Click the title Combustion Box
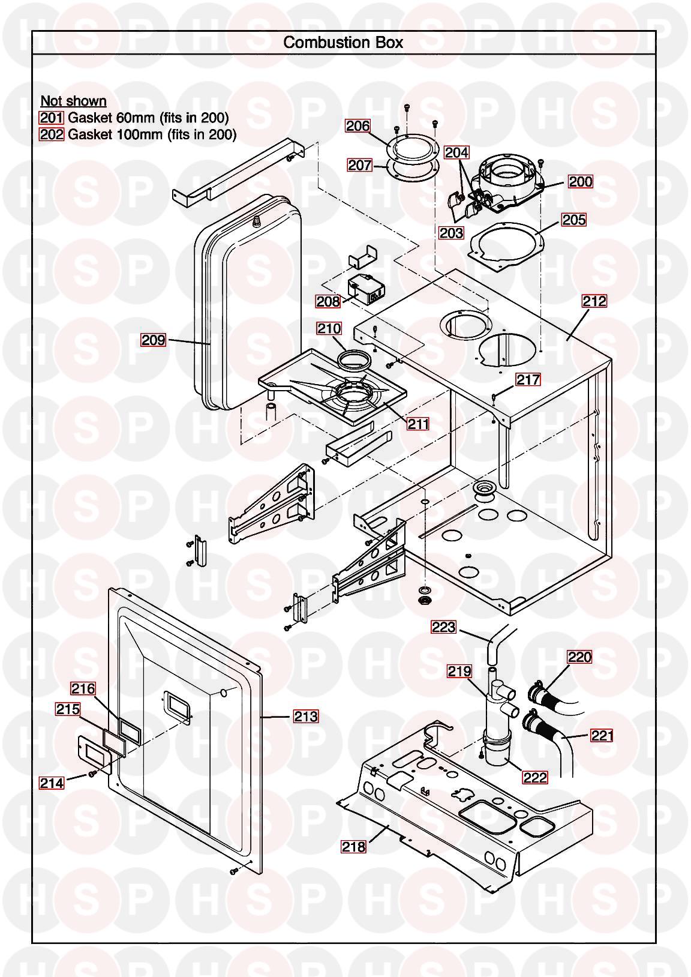(343, 43)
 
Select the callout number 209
(153, 340)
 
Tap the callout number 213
(305, 716)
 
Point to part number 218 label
(353, 846)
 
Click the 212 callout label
(594, 301)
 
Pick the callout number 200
(580, 181)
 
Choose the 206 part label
(357, 126)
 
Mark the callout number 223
(444, 627)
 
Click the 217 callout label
(528, 379)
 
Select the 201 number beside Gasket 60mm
(52, 118)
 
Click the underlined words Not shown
(73, 101)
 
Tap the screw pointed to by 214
(92, 774)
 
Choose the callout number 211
(418, 424)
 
